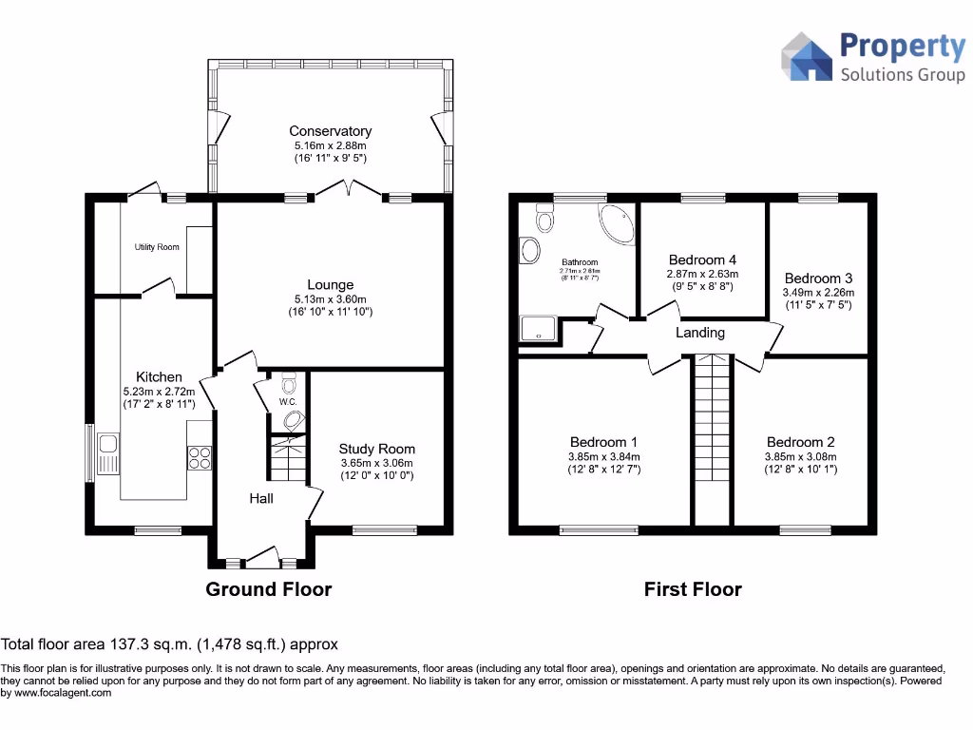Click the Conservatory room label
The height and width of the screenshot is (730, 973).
point(330,131)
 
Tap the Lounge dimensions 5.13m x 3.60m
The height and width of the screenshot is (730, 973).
point(330,298)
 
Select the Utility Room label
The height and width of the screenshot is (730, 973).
point(156,247)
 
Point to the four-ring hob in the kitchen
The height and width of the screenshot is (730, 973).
point(200,458)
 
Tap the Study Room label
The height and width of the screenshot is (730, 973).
point(377,449)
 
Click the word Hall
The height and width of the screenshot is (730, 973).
point(261,498)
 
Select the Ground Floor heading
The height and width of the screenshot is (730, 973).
point(269,589)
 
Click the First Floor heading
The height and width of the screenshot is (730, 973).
point(693,589)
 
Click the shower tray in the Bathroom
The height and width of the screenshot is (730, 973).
point(540,329)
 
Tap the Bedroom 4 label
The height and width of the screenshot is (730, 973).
point(702,259)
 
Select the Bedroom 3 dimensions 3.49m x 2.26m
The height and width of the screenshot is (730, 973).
point(818,293)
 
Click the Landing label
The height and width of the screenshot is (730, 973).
point(700,333)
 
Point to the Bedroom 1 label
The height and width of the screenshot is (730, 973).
point(604,442)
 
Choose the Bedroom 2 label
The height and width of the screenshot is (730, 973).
point(801,442)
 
